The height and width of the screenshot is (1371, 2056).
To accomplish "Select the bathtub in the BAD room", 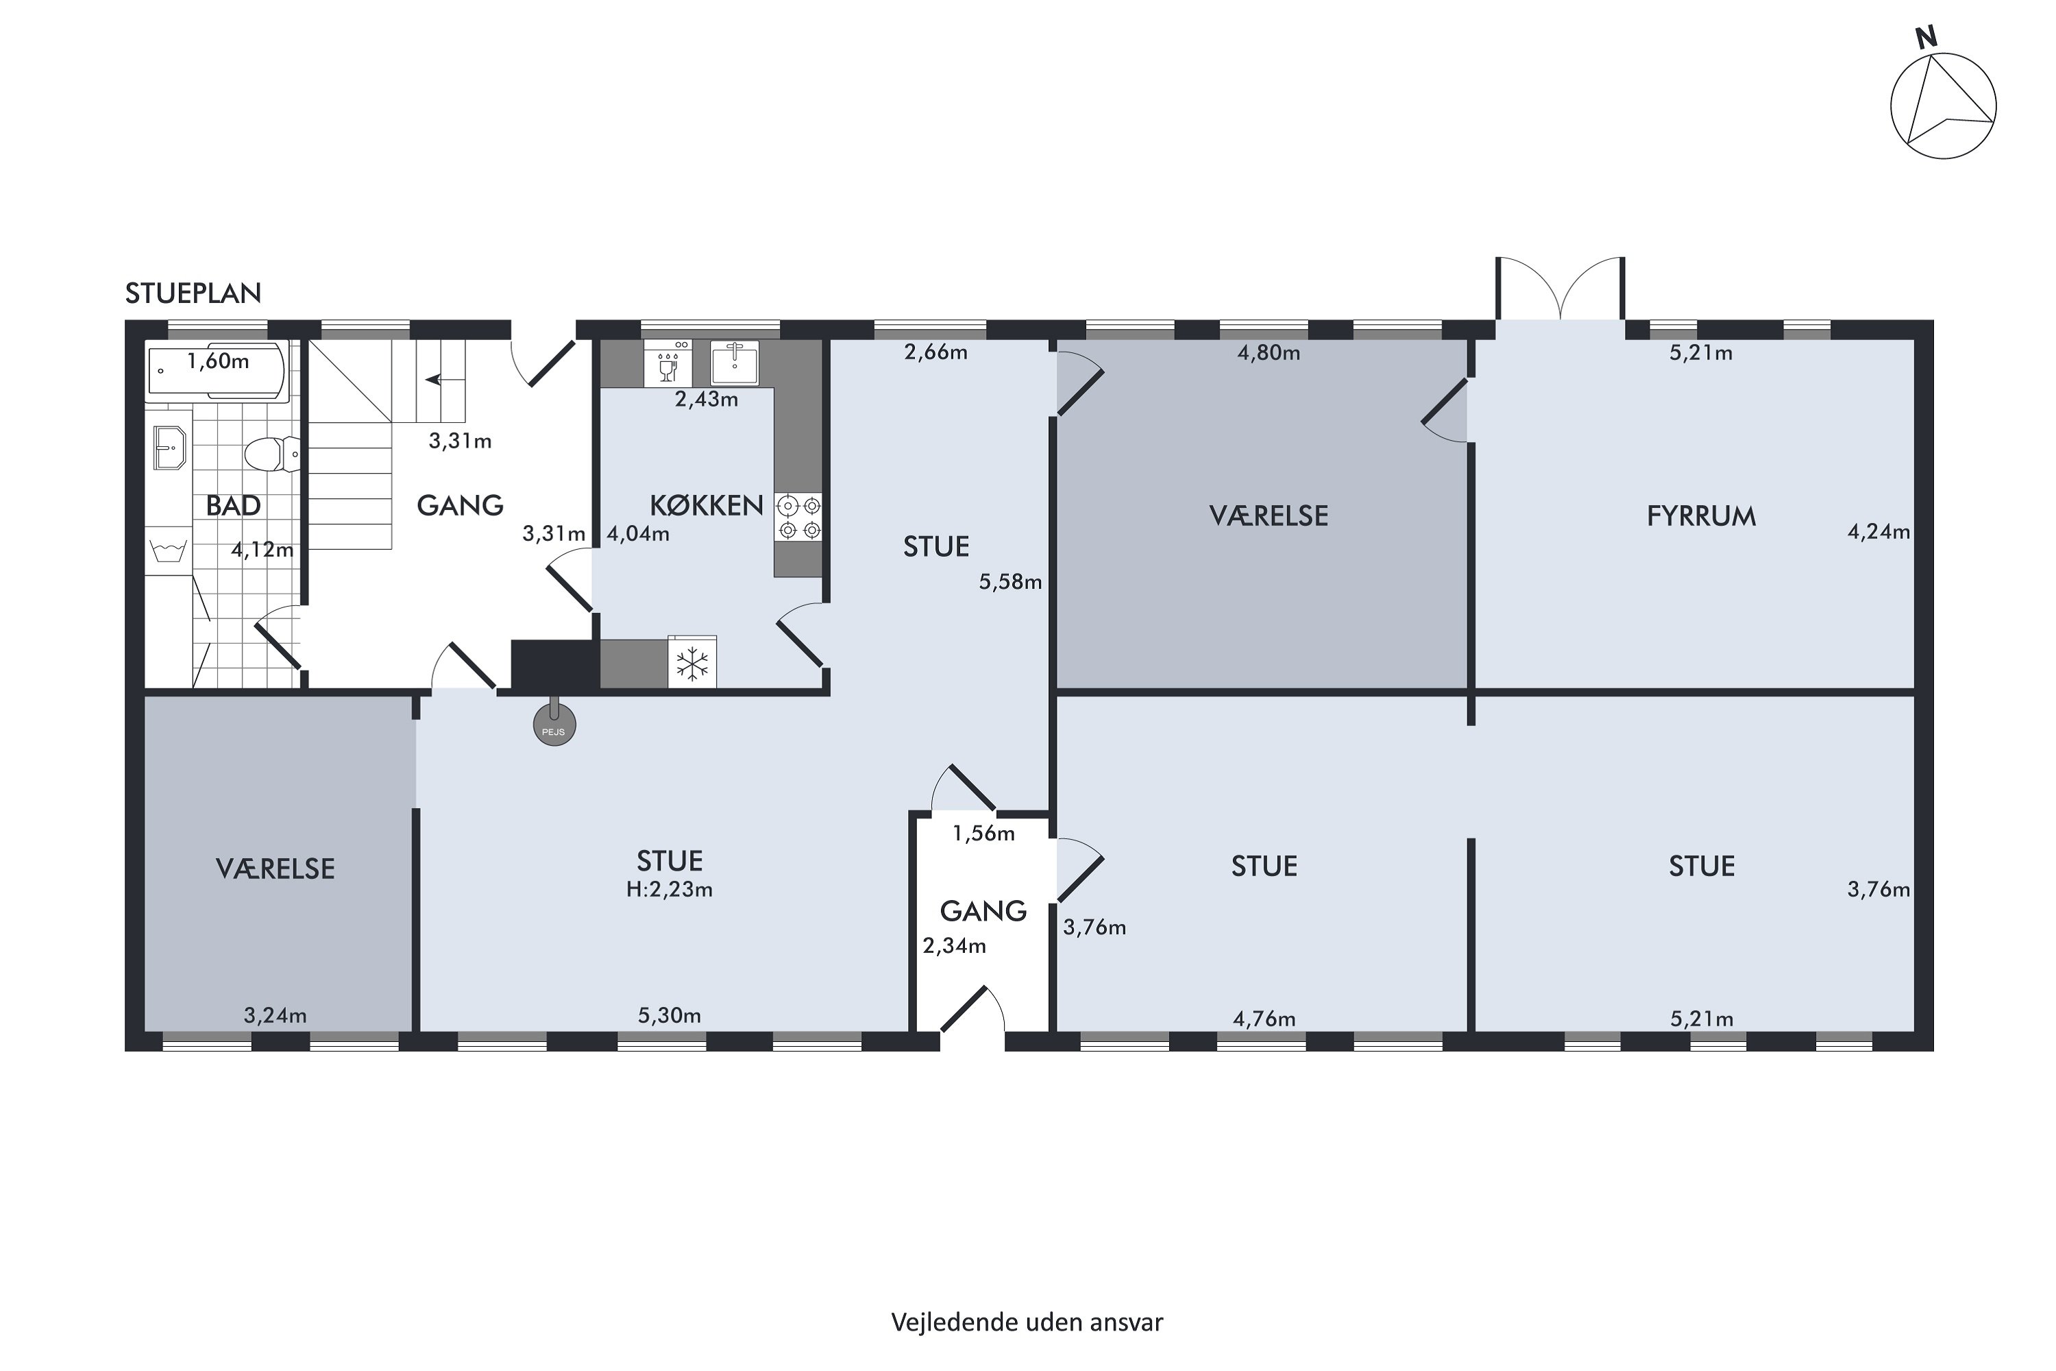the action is click(218, 371).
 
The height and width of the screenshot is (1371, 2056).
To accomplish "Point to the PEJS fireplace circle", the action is click(554, 725).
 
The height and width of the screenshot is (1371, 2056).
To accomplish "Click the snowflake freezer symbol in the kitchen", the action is click(692, 664).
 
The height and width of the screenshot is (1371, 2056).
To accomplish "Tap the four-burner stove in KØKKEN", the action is click(799, 517).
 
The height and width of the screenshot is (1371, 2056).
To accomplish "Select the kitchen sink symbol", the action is click(734, 363).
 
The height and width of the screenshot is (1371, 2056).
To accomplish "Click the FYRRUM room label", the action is click(1701, 517).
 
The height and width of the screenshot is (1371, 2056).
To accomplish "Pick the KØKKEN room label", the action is click(707, 505).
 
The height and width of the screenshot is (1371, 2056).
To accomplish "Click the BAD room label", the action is click(234, 505).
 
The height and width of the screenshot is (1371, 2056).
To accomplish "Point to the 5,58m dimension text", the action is click(1010, 581).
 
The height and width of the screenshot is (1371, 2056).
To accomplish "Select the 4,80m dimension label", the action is click(1269, 353).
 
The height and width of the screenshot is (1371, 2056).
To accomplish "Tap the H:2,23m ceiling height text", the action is click(670, 890).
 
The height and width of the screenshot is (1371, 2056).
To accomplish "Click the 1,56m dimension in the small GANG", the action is click(983, 834).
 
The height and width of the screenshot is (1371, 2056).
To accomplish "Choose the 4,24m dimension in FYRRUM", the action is click(1878, 532).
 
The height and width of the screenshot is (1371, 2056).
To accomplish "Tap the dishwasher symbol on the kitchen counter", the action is click(668, 363).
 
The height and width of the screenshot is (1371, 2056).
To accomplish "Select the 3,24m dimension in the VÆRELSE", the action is click(276, 1015).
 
